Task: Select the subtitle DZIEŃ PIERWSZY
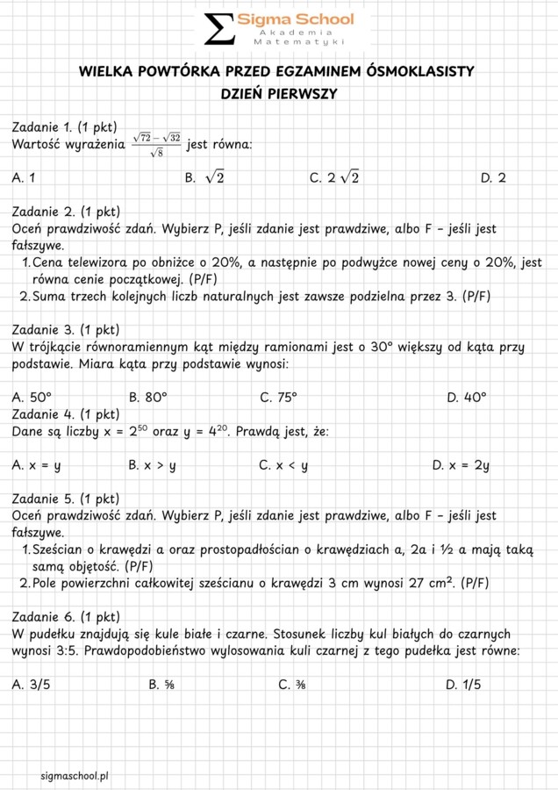point(279,93)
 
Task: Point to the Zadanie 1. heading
point(65,127)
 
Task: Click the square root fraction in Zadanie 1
point(156,145)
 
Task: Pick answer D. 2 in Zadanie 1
point(493,177)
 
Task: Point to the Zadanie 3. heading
point(65,330)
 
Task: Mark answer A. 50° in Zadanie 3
point(32,397)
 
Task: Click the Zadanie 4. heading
point(65,413)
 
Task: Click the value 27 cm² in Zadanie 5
point(430,582)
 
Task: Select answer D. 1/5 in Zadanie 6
point(462,685)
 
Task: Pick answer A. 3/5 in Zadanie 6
point(32,685)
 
